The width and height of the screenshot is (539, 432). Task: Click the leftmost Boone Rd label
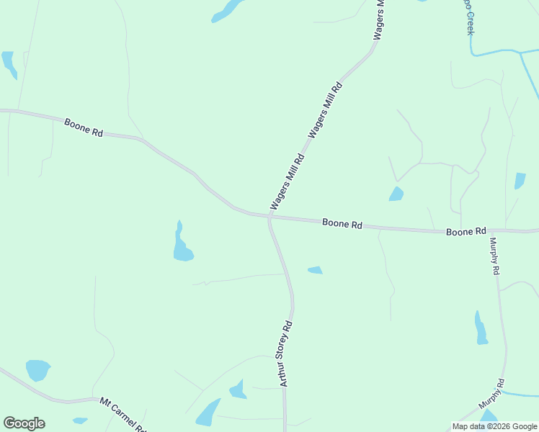click(84, 128)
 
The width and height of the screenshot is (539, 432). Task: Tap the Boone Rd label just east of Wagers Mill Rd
click(342, 224)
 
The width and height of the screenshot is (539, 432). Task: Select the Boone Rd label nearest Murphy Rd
click(465, 232)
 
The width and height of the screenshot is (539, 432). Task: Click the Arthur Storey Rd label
click(285, 353)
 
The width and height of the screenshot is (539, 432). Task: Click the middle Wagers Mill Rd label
click(325, 110)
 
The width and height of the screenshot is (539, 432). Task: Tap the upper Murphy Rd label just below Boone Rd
click(494, 256)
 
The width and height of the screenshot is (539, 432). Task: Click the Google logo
click(24, 423)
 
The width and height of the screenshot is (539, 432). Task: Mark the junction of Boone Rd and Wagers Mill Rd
click(270, 215)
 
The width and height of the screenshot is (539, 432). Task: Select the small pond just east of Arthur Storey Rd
click(315, 270)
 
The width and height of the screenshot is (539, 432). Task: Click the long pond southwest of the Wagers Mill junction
click(182, 245)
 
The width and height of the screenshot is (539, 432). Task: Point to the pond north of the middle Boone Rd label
click(396, 194)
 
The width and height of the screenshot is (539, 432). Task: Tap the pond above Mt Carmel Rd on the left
click(38, 370)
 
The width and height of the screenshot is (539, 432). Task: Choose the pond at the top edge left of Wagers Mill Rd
click(228, 10)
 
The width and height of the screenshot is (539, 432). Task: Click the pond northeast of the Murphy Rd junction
click(520, 180)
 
